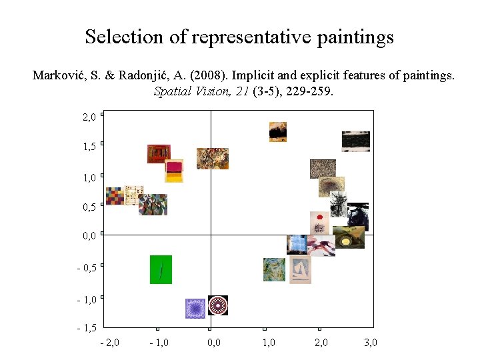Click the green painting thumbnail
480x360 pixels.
161,269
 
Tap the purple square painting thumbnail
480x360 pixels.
195,308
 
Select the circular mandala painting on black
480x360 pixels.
218,305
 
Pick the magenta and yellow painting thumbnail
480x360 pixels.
174,171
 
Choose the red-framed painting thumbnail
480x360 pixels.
159,153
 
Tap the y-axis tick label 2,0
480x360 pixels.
89,117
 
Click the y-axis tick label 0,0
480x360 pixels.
89,235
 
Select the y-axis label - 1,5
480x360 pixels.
87,328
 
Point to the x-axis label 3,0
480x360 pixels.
371,343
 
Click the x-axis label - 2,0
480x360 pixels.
109,343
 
